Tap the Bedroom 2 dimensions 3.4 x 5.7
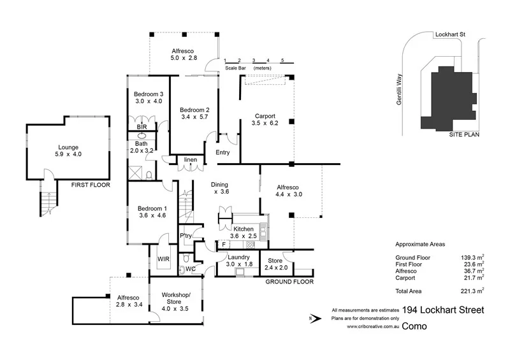(194, 117)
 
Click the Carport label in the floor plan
(265, 115)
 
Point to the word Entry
(222, 152)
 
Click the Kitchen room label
(244, 229)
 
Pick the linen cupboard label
(190, 159)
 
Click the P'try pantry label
(186, 236)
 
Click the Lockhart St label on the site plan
(450, 33)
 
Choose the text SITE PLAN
(463, 134)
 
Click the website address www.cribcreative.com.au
(373, 326)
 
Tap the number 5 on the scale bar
(282, 60)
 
